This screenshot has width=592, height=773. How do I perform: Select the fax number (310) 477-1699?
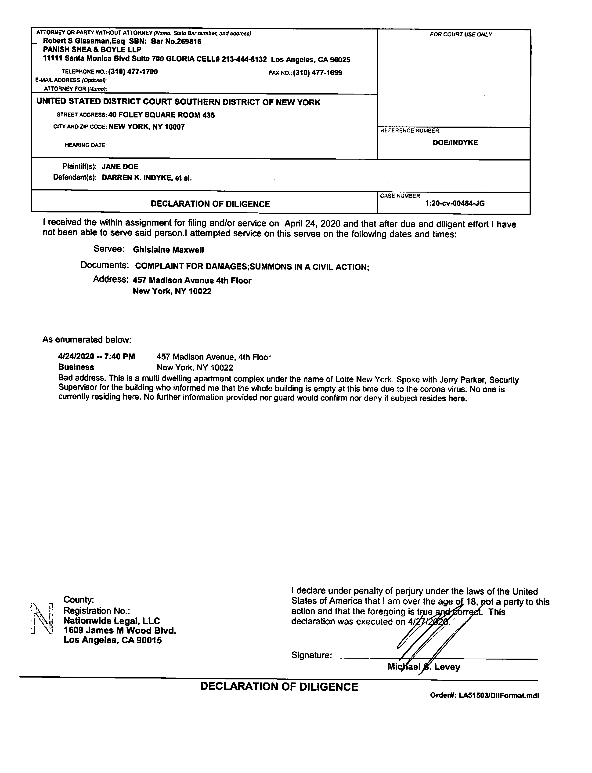318,73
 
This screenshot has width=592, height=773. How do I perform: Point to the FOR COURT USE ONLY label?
461,35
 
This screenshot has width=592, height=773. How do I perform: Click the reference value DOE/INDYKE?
455,143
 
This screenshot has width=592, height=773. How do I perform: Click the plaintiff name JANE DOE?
120,167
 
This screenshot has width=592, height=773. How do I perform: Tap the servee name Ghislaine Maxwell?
168,250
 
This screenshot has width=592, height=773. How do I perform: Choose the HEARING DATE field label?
86,145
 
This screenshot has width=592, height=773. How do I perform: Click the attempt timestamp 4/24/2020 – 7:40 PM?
97,357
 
